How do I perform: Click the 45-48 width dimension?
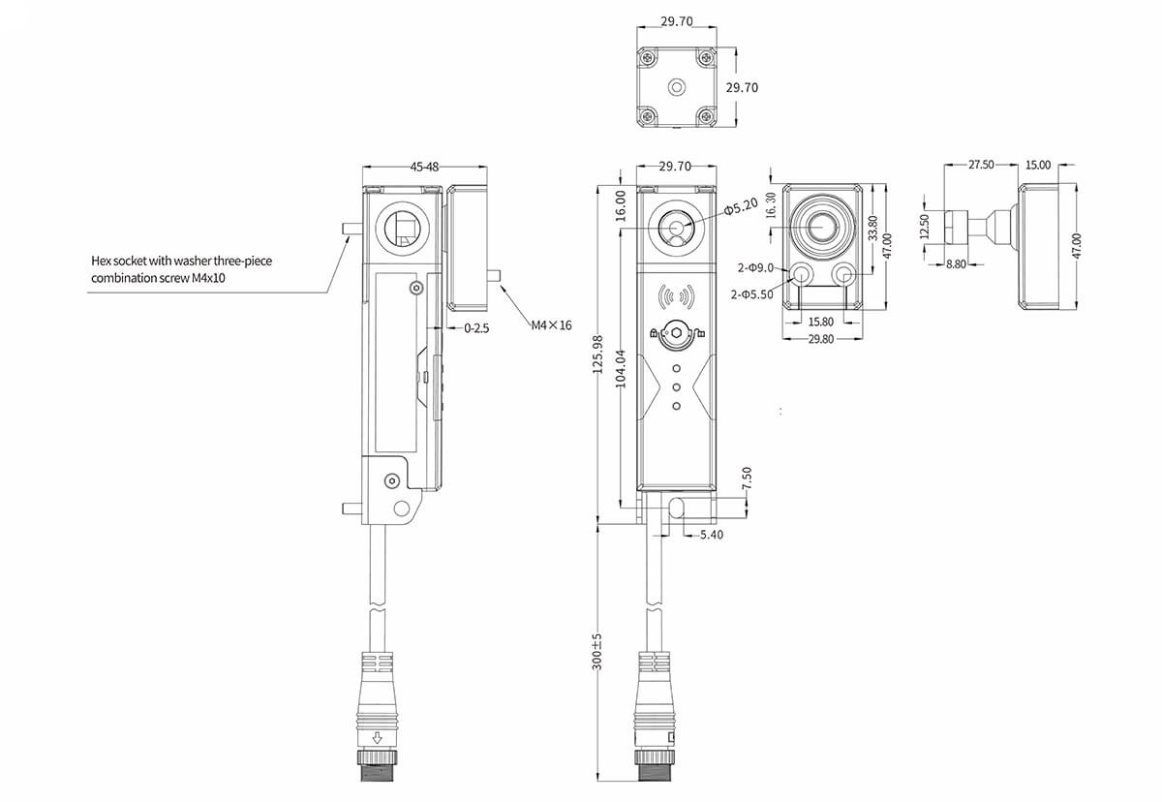(424, 167)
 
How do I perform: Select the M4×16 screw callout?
(551, 325)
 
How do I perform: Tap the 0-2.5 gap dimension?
(476, 328)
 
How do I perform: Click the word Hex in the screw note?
(101, 261)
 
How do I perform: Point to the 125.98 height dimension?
(596, 355)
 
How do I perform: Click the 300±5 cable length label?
(596, 652)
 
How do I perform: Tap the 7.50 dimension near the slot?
(747, 479)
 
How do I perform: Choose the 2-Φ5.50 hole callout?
(752, 294)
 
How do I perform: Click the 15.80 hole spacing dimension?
(820, 322)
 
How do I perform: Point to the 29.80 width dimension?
(820, 339)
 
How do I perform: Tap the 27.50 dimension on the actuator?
(981, 166)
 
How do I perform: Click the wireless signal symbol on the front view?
(675, 295)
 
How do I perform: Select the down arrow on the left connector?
(378, 735)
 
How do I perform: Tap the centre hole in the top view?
(676, 86)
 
